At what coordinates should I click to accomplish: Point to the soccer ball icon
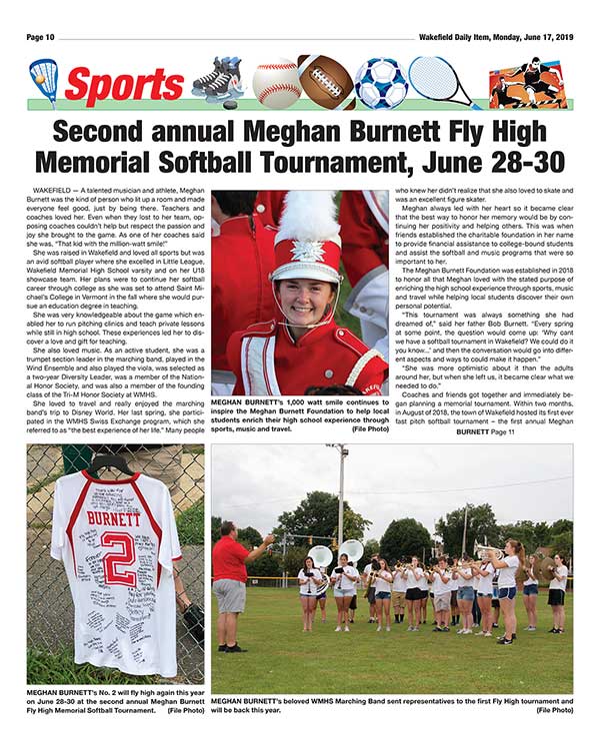click(x=378, y=82)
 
